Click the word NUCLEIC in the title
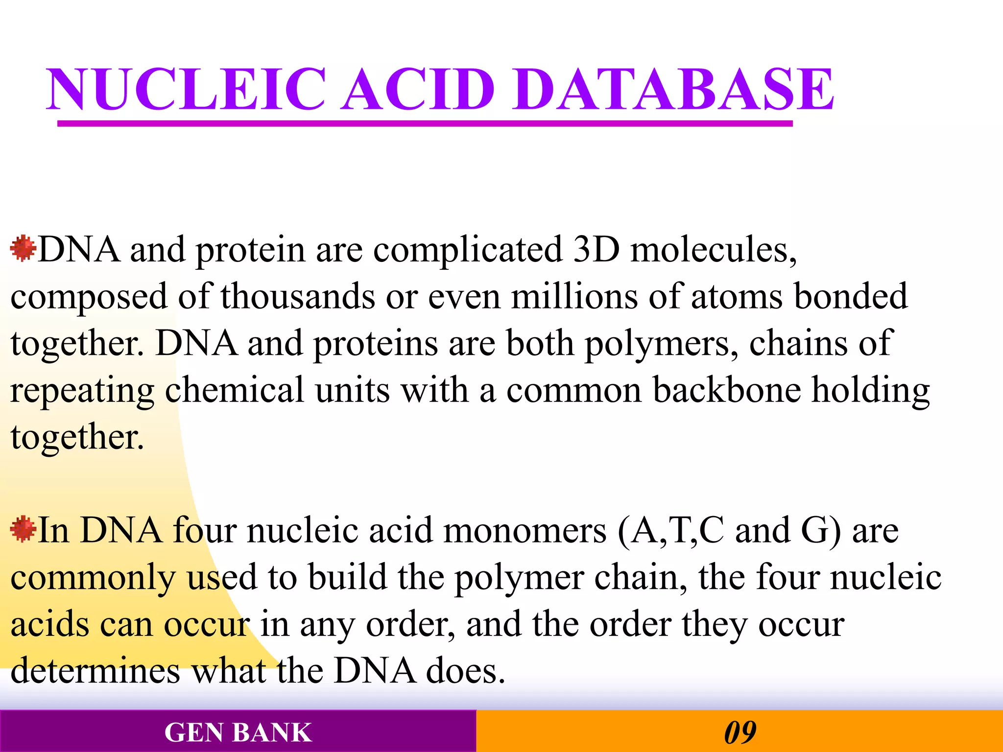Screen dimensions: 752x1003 pos(186,89)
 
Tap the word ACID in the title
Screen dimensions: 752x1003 pos(419,89)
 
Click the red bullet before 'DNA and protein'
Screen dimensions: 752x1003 pos(23,248)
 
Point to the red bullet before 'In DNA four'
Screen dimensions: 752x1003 pos(23,529)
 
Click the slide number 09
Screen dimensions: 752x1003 pos(740,732)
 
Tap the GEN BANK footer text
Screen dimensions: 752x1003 pos(238,732)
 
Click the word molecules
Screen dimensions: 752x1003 pos(713,250)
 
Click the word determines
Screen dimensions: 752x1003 pos(96,671)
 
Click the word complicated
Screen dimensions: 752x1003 pos(468,250)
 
